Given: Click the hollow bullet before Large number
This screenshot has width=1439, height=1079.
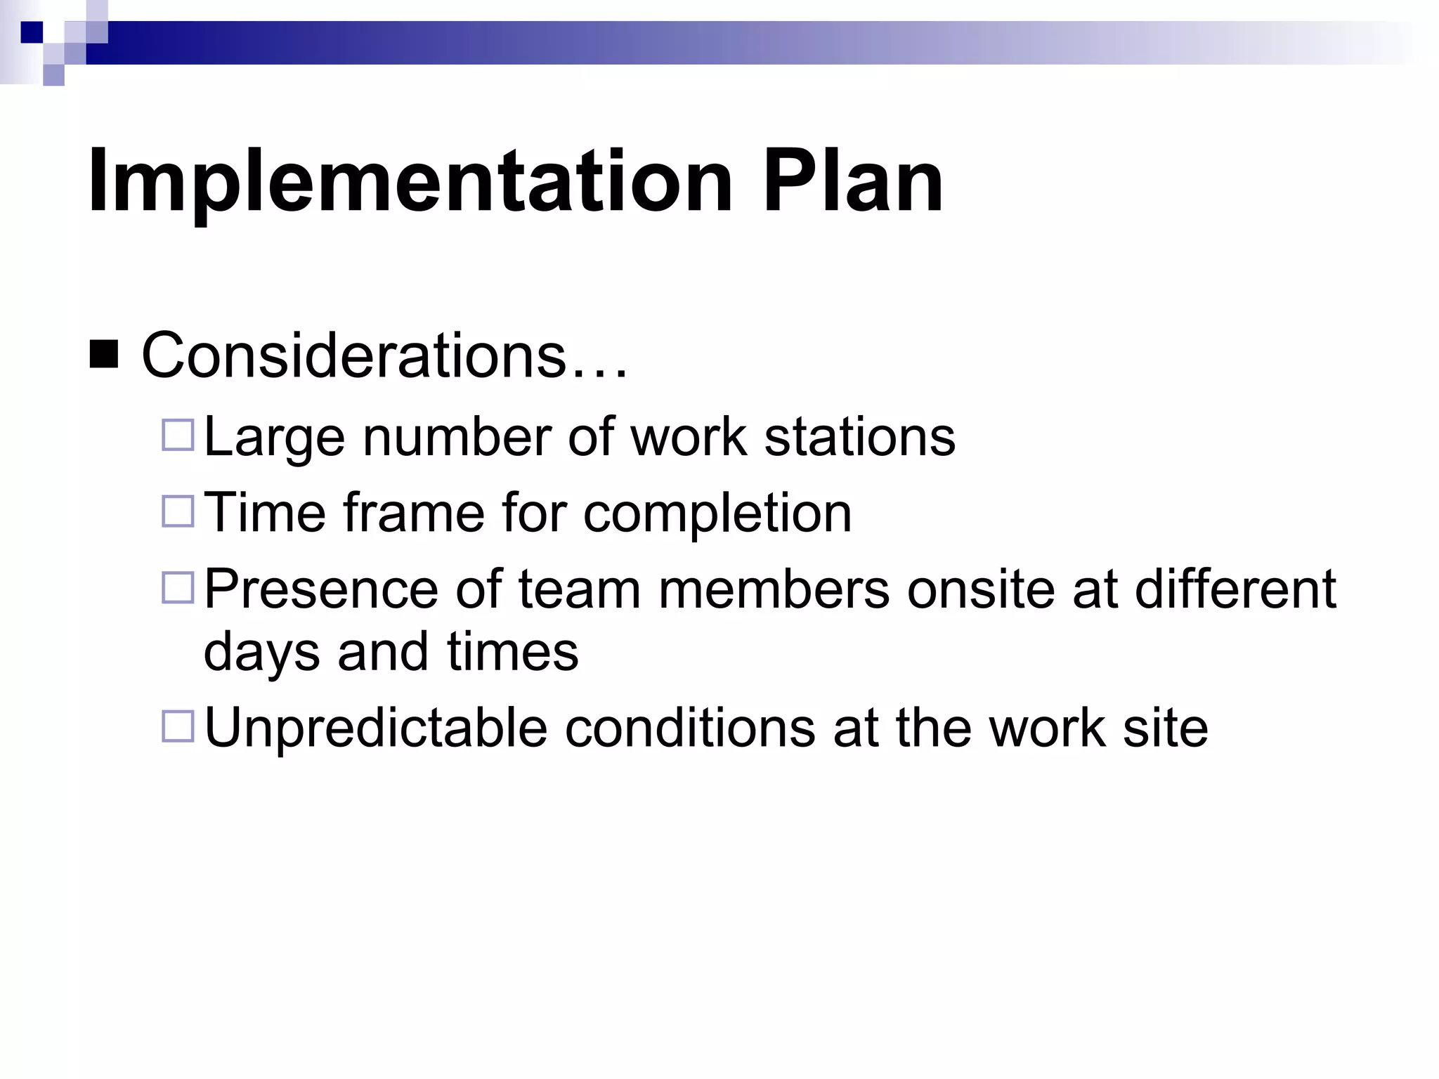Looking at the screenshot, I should (178, 436).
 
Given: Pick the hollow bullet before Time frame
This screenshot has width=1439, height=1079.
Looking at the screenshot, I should (178, 511).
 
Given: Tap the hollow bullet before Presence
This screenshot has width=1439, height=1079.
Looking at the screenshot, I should (178, 588).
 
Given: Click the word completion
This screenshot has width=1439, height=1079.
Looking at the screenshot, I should (717, 514).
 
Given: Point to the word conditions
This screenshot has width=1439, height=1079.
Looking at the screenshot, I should (690, 728).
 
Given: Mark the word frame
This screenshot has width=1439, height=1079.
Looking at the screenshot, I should (414, 513).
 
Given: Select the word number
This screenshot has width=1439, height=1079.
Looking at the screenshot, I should (457, 437).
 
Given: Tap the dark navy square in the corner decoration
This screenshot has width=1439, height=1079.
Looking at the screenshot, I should (32, 32).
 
